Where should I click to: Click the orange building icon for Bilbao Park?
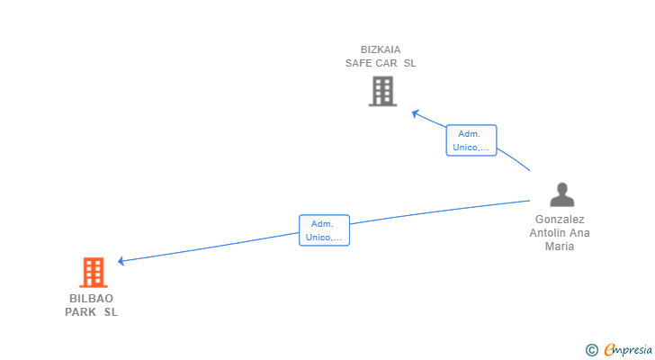click(93, 272)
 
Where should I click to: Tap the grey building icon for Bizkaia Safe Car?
click(382, 91)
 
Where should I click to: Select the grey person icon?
click(562, 195)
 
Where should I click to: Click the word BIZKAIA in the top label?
click(381, 49)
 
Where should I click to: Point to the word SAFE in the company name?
click(360, 64)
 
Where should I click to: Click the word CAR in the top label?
click(388, 64)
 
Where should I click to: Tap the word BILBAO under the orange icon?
click(91, 299)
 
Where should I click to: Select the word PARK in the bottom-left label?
click(80, 313)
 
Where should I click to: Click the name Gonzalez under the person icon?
click(560, 220)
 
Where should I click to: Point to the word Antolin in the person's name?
click(548, 233)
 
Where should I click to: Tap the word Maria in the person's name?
click(560, 247)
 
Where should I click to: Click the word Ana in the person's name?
click(580, 233)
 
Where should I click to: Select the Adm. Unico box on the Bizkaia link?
click(471, 140)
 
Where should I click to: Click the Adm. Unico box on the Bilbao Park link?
click(324, 230)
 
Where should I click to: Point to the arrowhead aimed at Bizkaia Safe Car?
click(416, 113)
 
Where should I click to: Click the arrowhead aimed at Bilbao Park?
click(121, 261)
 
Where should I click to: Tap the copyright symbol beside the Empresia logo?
click(591, 350)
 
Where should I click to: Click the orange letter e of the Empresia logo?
click(610, 349)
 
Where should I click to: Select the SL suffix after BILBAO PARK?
click(111, 313)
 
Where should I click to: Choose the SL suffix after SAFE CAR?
click(410, 64)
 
